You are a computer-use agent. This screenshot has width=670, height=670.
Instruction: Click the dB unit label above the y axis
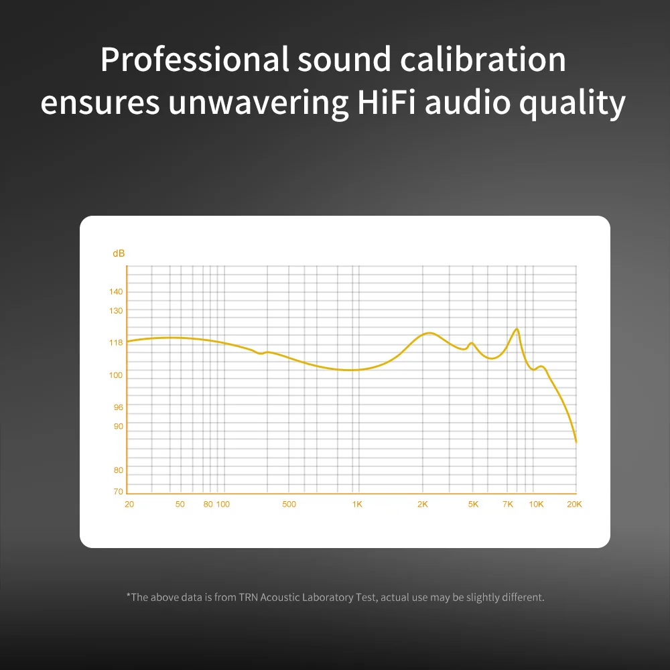point(119,253)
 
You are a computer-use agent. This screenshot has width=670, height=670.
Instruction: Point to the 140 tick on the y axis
point(117,291)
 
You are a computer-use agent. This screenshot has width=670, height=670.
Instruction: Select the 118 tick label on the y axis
point(117,342)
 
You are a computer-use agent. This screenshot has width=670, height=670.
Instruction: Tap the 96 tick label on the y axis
point(118,407)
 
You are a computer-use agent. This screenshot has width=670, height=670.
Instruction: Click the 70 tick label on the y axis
point(119,492)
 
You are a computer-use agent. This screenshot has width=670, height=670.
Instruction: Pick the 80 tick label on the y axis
point(118,470)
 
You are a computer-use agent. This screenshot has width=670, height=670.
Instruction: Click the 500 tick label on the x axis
point(289,504)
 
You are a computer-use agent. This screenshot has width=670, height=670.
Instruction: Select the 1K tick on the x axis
point(357,504)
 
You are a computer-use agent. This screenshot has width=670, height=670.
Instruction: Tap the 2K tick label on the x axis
point(423,504)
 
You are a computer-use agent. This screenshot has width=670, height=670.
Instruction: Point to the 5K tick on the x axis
point(473,504)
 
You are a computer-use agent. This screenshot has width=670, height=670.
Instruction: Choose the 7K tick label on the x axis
point(509,504)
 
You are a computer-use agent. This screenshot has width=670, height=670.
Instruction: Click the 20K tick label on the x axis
point(574,504)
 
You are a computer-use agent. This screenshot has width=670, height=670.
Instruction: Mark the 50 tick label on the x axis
point(180,504)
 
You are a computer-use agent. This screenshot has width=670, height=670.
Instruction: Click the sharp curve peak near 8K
point(517,328)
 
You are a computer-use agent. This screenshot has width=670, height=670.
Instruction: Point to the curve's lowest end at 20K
point(576,442)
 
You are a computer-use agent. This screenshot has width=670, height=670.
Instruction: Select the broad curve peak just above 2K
point(429,333)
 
